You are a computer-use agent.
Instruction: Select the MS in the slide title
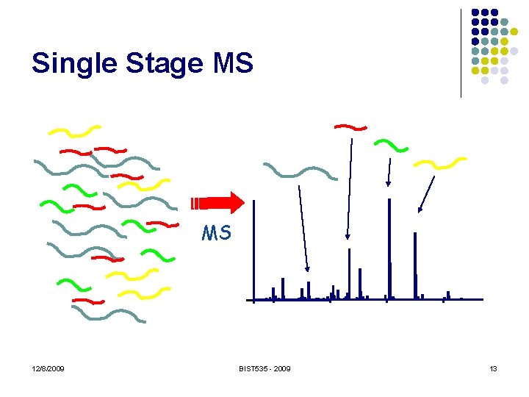[231, 63]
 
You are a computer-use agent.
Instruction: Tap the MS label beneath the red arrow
[217, 234]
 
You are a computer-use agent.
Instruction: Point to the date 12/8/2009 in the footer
[48, 368]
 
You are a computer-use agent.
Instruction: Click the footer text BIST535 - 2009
[264, 368]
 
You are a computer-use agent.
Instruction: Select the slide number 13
[493, 368]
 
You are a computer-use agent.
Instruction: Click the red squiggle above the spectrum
[350, 127]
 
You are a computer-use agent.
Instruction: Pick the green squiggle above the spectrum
[391, 145]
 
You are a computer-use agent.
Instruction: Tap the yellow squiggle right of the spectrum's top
[440, 162]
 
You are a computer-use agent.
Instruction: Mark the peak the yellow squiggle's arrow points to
[415, 265]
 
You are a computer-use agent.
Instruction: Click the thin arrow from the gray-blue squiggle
[303, 228]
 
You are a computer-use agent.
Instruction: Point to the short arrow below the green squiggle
[389, 174]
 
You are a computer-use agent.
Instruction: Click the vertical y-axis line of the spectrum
[253, 250]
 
